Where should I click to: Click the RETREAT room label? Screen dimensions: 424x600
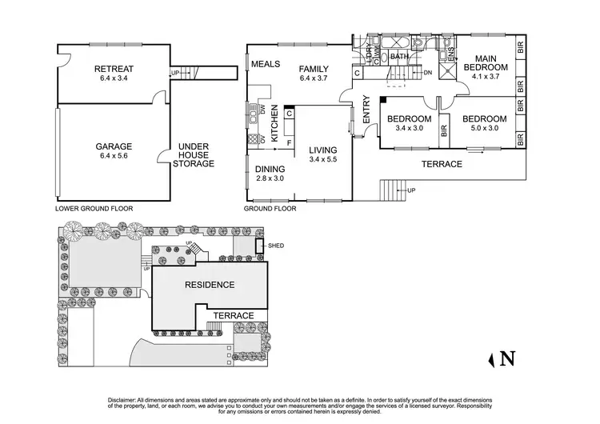113,69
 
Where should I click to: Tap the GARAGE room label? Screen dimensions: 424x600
113,146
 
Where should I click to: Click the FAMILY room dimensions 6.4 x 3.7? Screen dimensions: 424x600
314,78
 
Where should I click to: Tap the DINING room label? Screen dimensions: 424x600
269,169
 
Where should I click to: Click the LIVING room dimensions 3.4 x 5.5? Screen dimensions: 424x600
324,160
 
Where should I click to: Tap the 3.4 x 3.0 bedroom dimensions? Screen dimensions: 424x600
410,128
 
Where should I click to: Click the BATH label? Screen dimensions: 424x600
399,57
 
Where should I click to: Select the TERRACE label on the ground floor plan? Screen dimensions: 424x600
442,164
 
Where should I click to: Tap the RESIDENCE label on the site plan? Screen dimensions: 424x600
210,285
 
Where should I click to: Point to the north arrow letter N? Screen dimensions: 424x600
506,359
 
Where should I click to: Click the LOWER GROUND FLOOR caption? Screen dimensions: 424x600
94,208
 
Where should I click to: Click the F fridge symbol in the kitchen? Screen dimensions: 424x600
289,142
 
